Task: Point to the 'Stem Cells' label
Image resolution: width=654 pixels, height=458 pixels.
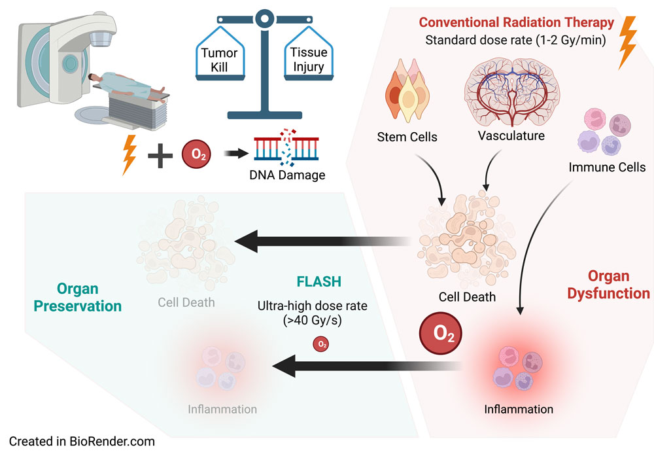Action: pos(407,137)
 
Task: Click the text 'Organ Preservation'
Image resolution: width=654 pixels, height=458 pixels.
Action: pos(87,297)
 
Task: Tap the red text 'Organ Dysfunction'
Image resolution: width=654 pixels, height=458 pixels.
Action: pos(608,285)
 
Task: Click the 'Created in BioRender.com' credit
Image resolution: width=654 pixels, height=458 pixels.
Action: pos(82,442)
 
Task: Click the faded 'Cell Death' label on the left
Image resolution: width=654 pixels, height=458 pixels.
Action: pos(186,303)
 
